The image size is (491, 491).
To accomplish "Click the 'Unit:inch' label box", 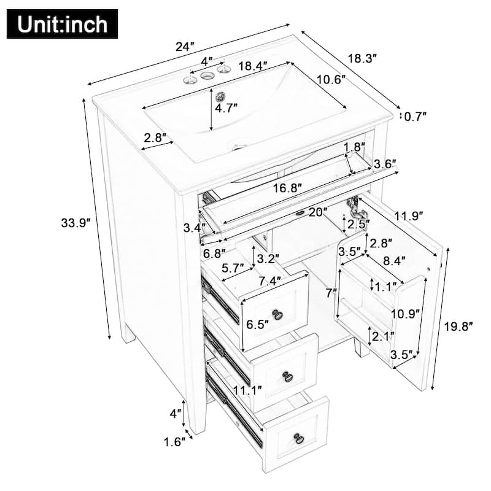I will tap(62, 24).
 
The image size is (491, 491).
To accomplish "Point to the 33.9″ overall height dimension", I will tap(75, 223).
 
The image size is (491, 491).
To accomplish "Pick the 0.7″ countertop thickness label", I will tap(415, 115).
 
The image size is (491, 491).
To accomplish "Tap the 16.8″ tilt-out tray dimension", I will tap(287, 188).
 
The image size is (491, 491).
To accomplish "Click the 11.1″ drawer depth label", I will tap(247, 389).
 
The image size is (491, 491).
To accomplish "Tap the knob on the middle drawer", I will tap(287, 376).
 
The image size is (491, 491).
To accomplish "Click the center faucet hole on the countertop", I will tap(207, 75).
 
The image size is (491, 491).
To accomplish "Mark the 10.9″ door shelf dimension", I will tap(406, 314).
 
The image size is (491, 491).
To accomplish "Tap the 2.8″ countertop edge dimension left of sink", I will tap(156, 138).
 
